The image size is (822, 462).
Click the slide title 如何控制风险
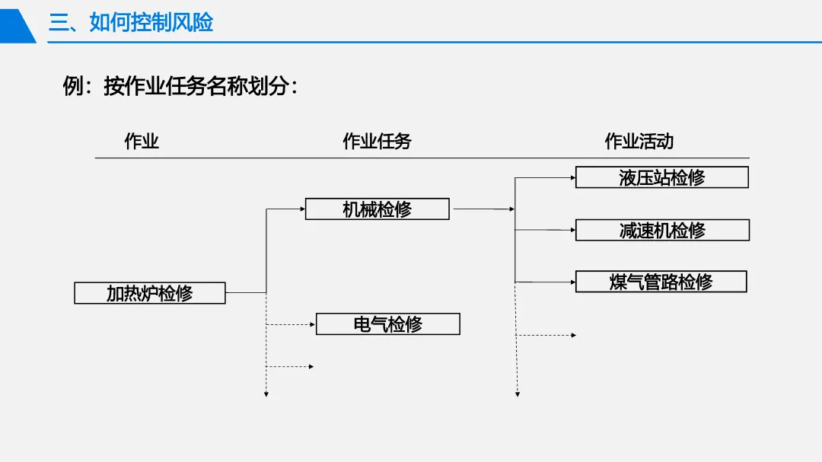(151, 23)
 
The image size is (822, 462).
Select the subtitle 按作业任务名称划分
(196, 86)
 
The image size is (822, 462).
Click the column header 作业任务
(377, 141)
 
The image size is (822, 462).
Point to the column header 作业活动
(639, 141)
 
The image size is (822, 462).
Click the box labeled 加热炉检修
(150, 293)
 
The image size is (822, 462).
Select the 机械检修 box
(378, 209)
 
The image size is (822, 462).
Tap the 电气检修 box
(388, 324)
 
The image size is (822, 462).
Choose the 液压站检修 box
(662, 177)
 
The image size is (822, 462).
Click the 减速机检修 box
(663, 230)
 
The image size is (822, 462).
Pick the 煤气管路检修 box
(661, 282)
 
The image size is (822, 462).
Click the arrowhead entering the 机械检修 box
(302, 209)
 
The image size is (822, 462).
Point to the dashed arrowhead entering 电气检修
(313, 324)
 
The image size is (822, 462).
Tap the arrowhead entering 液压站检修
(573, 178)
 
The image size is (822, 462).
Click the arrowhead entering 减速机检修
(573, 230)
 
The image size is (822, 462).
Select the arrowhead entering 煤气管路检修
(573, 282)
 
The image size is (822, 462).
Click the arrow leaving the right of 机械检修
(484, 209)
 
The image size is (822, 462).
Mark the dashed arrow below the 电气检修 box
(290, 367)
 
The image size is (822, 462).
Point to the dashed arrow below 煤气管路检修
(546, 335)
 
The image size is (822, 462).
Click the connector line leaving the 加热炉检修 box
(246, 292)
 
